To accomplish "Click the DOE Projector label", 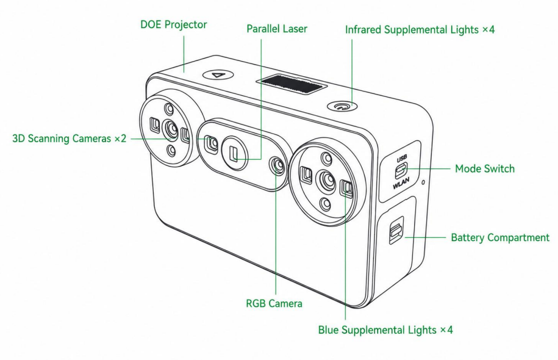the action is pos(174,24).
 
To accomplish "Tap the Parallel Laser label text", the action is pos(277,29).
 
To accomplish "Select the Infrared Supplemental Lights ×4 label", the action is pos(420,29).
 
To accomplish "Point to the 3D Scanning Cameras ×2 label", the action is pos(70,138).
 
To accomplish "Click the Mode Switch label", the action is pos(485,168).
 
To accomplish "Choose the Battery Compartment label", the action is pos(500,237).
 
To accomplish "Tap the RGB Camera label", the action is pos(274,303).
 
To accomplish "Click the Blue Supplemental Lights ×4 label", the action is pos(385,329).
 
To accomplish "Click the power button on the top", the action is pos(342,106).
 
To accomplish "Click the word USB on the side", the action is pos(402,159).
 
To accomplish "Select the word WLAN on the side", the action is pos(401,182).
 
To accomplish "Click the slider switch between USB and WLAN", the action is pos(401,171).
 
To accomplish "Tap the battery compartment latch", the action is pos(396,231).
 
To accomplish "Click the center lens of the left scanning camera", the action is pos(171,129).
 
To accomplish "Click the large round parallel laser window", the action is pos(235,153).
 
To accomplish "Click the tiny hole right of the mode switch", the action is pos(423,182).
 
